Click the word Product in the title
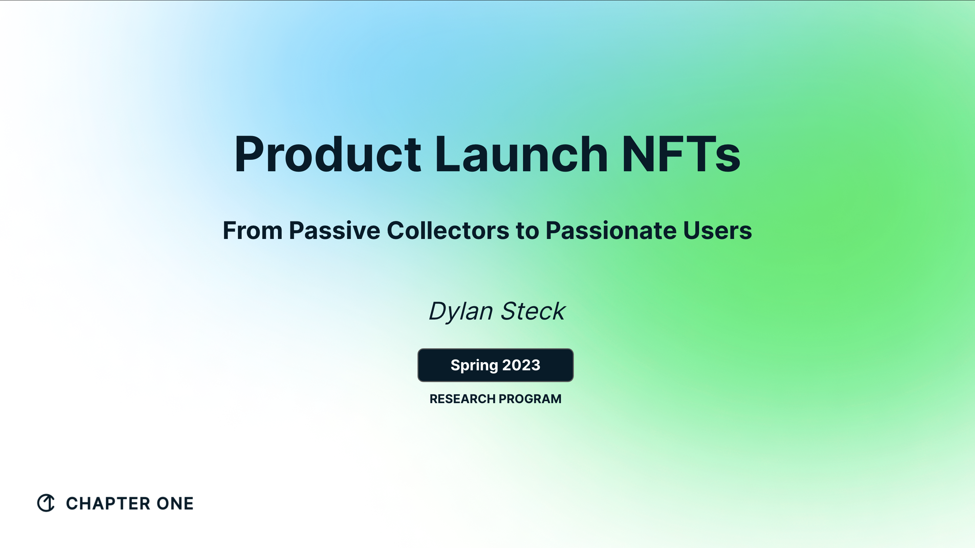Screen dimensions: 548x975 coord(327,154)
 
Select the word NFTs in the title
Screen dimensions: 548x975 coord(680,154)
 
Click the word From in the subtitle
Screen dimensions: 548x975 coord(253,231)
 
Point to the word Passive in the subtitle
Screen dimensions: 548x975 coord(334,231)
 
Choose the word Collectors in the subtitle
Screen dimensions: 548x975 coord(448,231)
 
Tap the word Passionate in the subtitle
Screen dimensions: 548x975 coord(610,231)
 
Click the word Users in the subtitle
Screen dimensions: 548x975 coord(717,231)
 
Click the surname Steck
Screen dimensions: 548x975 coord(533,311)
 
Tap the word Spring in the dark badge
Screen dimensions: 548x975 coord(474,366)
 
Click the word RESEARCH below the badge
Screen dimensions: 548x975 coord(462,399)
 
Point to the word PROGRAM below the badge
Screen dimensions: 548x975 coord(529,399)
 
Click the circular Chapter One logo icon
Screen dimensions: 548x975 coord(46,503)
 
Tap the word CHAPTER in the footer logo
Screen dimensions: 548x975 coord(108,504)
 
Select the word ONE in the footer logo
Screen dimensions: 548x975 coord(175,504)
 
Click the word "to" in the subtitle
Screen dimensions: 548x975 coord(527,231)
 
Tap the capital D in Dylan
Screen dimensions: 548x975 coord(439,311)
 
